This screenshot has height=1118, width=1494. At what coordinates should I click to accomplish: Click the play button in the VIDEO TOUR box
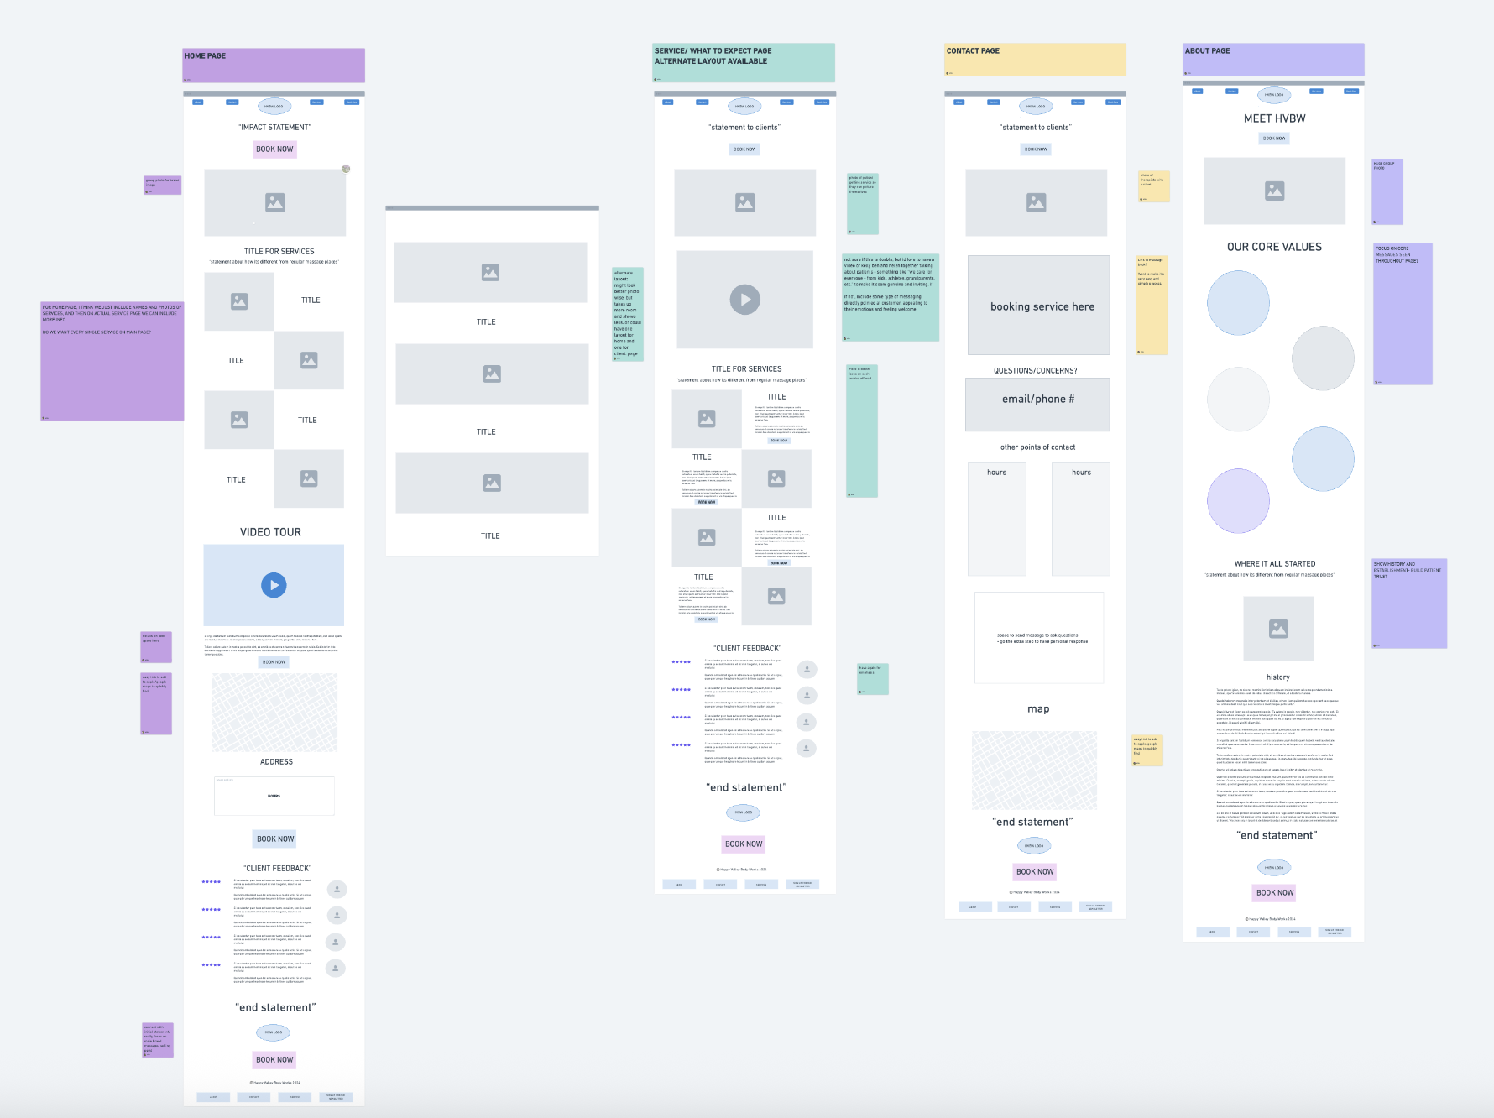(x=274, y=585)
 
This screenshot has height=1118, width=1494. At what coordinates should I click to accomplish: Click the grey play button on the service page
(x=744, y=300)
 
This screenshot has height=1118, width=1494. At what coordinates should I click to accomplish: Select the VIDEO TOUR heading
(x=270, y=532)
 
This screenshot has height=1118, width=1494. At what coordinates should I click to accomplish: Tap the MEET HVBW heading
(x=1274, y=118)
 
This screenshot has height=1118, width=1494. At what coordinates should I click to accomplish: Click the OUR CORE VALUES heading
(x=1274, y=247)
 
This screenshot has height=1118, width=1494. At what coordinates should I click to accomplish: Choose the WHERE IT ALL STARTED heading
(x=1275, y=564)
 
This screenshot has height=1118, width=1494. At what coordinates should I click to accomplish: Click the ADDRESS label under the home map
(x=276, y=762)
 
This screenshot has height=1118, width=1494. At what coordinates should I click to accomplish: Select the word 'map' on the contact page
(x=1038, y=709)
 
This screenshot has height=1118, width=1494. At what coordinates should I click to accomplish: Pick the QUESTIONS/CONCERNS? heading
(x=1035, y=370)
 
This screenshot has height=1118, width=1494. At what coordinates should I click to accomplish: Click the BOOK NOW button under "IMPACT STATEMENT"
(x=274, y=149)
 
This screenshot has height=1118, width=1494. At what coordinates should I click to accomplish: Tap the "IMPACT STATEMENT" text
(x=274, y=128)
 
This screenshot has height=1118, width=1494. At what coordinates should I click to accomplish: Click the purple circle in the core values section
(x=1238, y=501)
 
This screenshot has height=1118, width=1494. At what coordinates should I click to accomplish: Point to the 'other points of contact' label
(x=1037, y=447)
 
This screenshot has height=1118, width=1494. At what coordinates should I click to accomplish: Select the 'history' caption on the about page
(x=1277, y=677)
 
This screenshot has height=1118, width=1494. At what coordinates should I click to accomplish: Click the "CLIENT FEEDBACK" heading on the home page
(x=278, y=869)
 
